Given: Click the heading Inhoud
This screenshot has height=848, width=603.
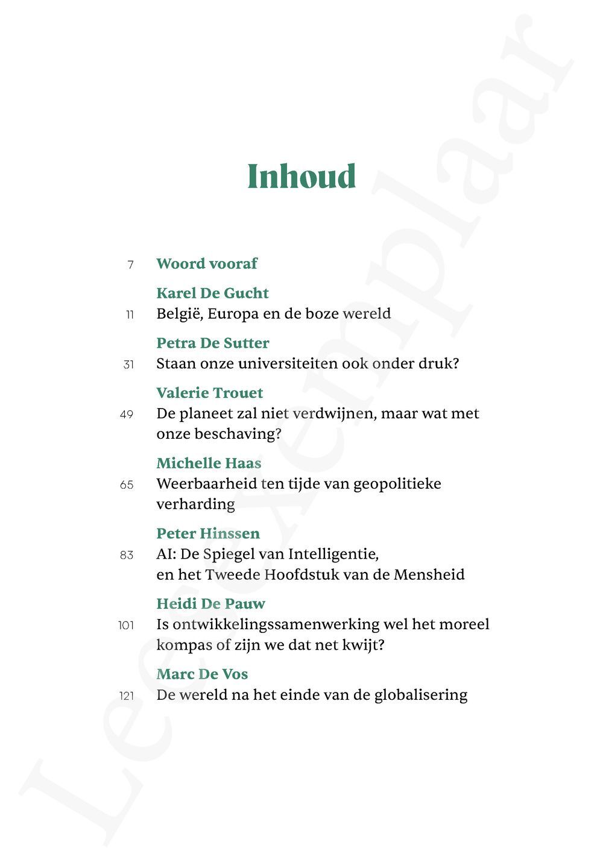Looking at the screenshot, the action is tap(301, 177).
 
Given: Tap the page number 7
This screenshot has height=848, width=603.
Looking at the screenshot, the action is tap(130, 265).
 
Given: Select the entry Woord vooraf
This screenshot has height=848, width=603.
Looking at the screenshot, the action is tap(207, 263).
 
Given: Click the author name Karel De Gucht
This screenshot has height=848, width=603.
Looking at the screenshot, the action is tap(212, 293).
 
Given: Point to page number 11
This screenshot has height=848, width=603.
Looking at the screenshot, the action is tap(130, 315).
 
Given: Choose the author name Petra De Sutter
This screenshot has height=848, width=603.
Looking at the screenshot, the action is tap(212, 343).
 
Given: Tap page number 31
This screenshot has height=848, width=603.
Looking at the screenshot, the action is tap(128, 365).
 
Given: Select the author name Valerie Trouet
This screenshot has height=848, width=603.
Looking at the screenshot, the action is tap(209, 393).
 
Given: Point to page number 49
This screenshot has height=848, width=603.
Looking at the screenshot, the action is tap(127, 415).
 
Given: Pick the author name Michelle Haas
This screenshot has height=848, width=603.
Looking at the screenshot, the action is tap(209, 463).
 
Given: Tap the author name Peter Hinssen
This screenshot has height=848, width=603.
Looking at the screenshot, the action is tap(208, 533).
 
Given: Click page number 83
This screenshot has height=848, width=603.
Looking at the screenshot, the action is tap(127, 555).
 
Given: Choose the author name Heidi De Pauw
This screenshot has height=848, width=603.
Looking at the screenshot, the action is tap(210, 603).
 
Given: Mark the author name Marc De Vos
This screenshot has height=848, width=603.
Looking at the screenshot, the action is tap(202, 674).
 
